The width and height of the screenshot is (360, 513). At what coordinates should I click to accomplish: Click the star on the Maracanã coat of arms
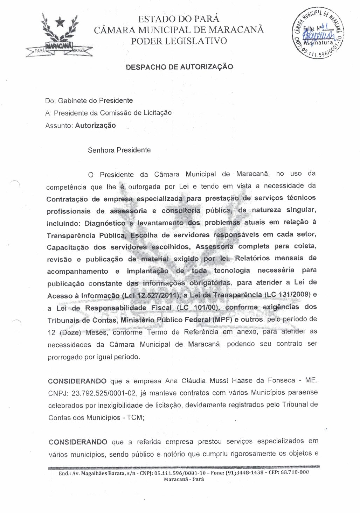(x=60, y=22)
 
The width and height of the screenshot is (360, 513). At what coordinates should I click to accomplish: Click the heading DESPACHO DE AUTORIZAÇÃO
(x=179, y=66)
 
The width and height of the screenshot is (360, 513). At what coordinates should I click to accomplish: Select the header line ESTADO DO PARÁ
(x=179, y=19)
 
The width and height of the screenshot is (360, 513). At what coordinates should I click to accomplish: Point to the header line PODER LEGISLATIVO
(x=179, y=41)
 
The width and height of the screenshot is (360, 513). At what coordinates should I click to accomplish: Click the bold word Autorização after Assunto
(x=95, y=125)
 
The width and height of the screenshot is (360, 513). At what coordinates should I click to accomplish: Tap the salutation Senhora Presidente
(x=119, y=150)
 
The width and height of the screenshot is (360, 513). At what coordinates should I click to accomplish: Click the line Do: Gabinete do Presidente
(x=89, y=101)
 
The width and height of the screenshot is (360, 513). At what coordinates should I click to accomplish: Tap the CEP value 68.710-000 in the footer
(x=295, y=472)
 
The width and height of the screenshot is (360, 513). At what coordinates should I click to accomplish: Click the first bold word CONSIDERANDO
(x=78, y=381)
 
